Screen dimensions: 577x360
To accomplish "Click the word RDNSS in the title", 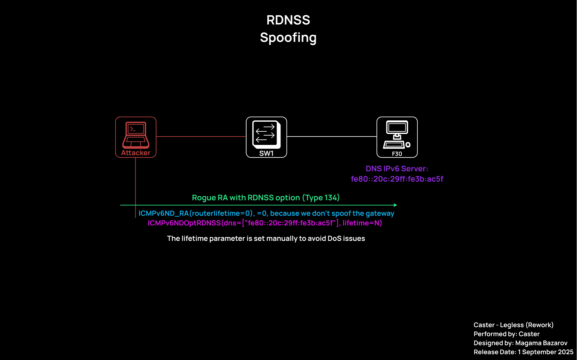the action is point(288,20).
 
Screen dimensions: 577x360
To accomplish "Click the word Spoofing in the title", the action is point(288,38).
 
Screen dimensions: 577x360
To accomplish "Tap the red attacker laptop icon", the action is point(136,135).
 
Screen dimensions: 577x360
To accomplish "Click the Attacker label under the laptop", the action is point(136,153).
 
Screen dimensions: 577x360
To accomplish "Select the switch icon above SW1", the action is point(267,134).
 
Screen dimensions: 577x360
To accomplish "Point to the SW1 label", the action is point(267,153).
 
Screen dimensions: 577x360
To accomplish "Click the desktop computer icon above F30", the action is point(397,134).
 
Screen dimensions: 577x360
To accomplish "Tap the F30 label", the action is point(397,154).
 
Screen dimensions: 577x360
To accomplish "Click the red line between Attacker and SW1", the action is point(201,136).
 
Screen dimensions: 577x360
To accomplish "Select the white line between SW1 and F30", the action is point(332,136).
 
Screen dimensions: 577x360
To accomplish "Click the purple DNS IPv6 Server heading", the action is point(397,169).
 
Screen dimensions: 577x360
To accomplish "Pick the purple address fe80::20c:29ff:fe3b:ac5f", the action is point(397,179).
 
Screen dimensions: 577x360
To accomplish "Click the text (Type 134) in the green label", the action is point(321,198).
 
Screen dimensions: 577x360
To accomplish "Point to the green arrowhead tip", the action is point(397,205).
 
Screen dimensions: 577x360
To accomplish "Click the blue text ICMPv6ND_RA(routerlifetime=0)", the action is point(197,213).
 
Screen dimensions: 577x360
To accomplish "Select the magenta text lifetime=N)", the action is point(362,223).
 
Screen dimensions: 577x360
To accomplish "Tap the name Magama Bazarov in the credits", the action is point(541,343).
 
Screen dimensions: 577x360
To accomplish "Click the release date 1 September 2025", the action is point(546,352).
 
